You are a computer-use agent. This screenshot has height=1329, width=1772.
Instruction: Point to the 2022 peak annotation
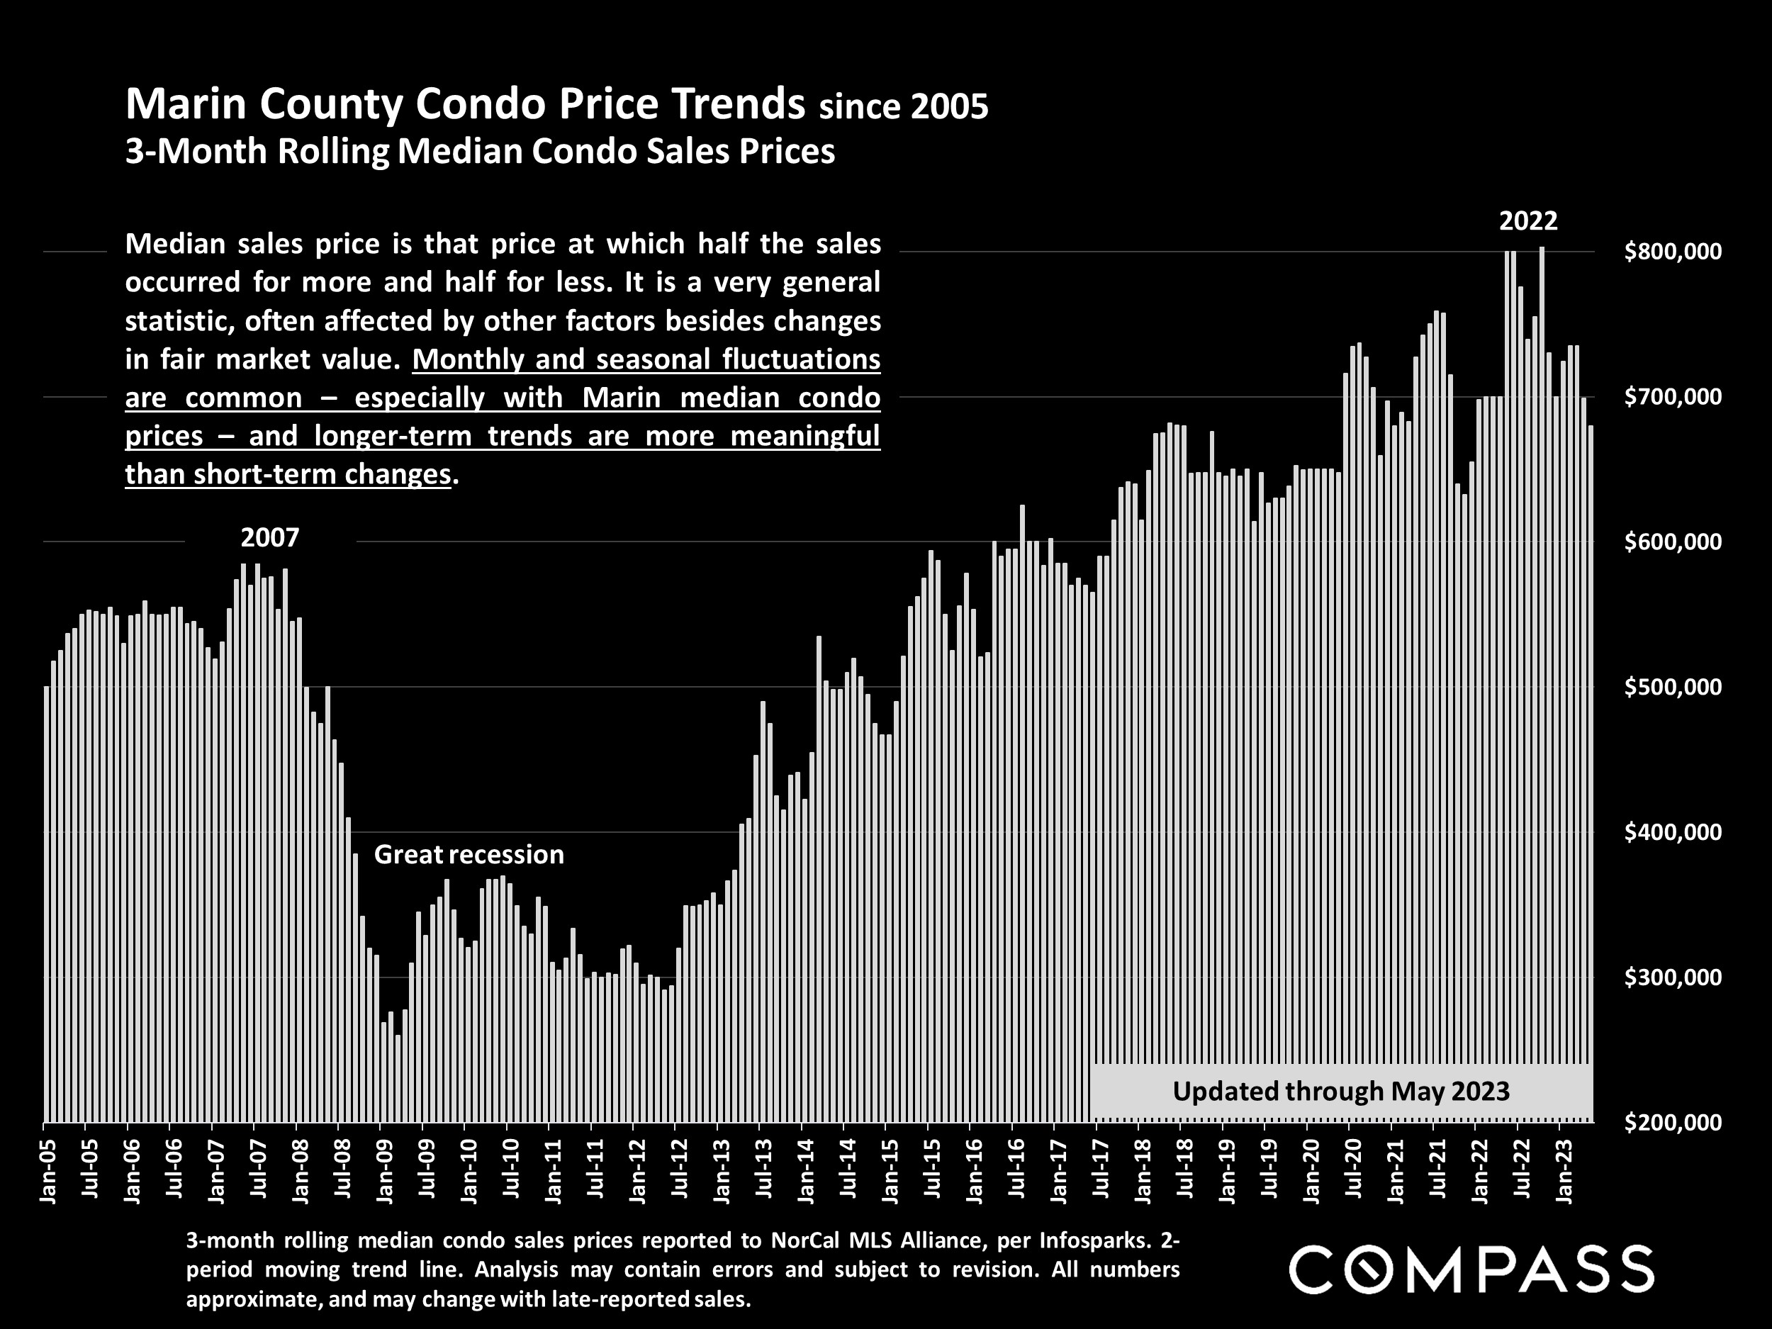click(x=1527, y=221)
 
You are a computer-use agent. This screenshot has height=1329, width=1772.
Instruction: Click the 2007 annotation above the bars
click(x=270, y=537)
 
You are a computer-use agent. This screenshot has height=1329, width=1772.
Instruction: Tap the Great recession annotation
click(x=469, y=855)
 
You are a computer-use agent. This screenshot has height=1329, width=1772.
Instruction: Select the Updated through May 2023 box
click(x=1341, y=1091)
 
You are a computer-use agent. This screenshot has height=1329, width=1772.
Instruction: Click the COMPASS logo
click(x=1471, y=1269)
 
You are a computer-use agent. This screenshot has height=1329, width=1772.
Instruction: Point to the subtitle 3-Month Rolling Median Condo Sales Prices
click(x=480, y=152)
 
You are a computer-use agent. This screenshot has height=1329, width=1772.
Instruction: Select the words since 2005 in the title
click(x=904, y=107)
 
